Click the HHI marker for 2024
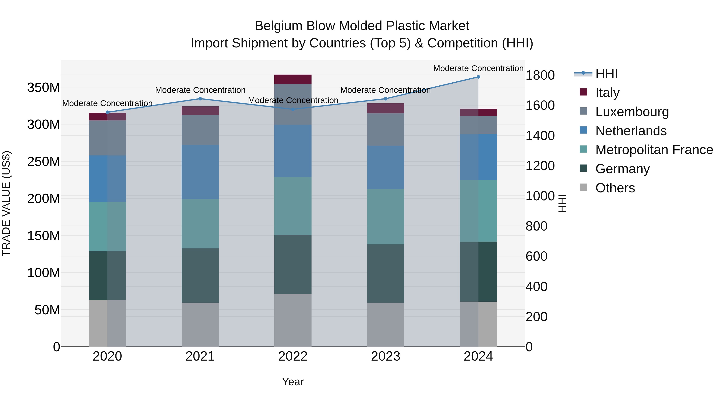(478, 77)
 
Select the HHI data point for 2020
(107, 112)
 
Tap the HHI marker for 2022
(293, 109)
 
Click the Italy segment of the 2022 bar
(293, 79)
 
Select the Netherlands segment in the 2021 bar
(200, 172)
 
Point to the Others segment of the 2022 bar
(293, 320)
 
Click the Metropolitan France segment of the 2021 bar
(200, 224)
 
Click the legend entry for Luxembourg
(632, 112)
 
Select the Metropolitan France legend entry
(654, 150)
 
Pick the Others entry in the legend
(615, 188)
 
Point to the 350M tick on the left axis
(44, 88)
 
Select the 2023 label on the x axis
(386, 356)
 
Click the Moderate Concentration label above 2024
(478, 68)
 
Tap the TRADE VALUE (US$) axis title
(6, 203)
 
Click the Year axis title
(293, 382)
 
